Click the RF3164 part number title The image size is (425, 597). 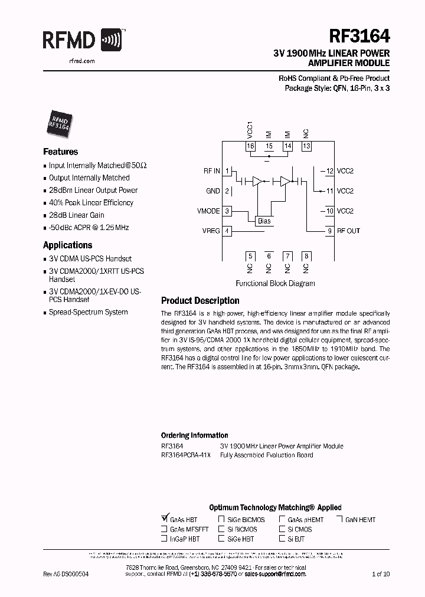[359, 37]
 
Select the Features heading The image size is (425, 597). [60, 152]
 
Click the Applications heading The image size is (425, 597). [67, 245]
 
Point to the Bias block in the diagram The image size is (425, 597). [264, 221]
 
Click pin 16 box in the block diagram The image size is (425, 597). [250, 146]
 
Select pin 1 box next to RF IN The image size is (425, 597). [227, 170]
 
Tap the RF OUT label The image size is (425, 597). [348, 231]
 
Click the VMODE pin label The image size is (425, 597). [208, 211]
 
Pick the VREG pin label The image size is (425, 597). [210, 231]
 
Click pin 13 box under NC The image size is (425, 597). [306, 146]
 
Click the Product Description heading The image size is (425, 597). [200, 300]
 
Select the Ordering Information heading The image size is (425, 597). [194, 435]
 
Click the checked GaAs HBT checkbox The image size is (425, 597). [165, 519]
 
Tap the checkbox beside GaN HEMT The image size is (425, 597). [339, 519]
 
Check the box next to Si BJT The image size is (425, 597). [282, 539]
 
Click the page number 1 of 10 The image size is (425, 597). [381, 573]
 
